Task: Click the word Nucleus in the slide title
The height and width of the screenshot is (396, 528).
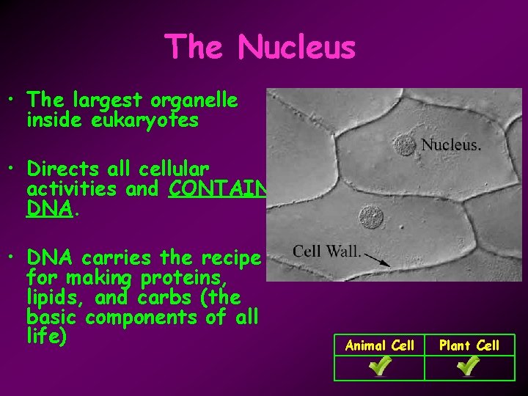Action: [296, 48]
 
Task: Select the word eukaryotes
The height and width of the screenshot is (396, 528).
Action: [112, 120]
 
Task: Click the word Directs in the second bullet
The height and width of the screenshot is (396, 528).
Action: [59, 169]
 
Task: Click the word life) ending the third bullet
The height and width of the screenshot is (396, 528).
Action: [46, 337]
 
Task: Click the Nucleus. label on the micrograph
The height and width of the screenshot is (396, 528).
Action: [451, 145]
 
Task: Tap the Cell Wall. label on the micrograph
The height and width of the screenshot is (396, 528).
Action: [327, 252]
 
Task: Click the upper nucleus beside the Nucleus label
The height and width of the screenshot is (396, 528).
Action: [403, 144]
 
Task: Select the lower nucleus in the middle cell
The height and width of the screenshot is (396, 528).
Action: [371, 218]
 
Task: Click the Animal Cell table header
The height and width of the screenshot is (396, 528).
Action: [379, 345]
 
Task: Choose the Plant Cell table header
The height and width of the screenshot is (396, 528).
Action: [469, 345]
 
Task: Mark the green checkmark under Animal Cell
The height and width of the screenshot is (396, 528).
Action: [379, 367]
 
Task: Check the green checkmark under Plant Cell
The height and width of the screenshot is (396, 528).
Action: [469, 367]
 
